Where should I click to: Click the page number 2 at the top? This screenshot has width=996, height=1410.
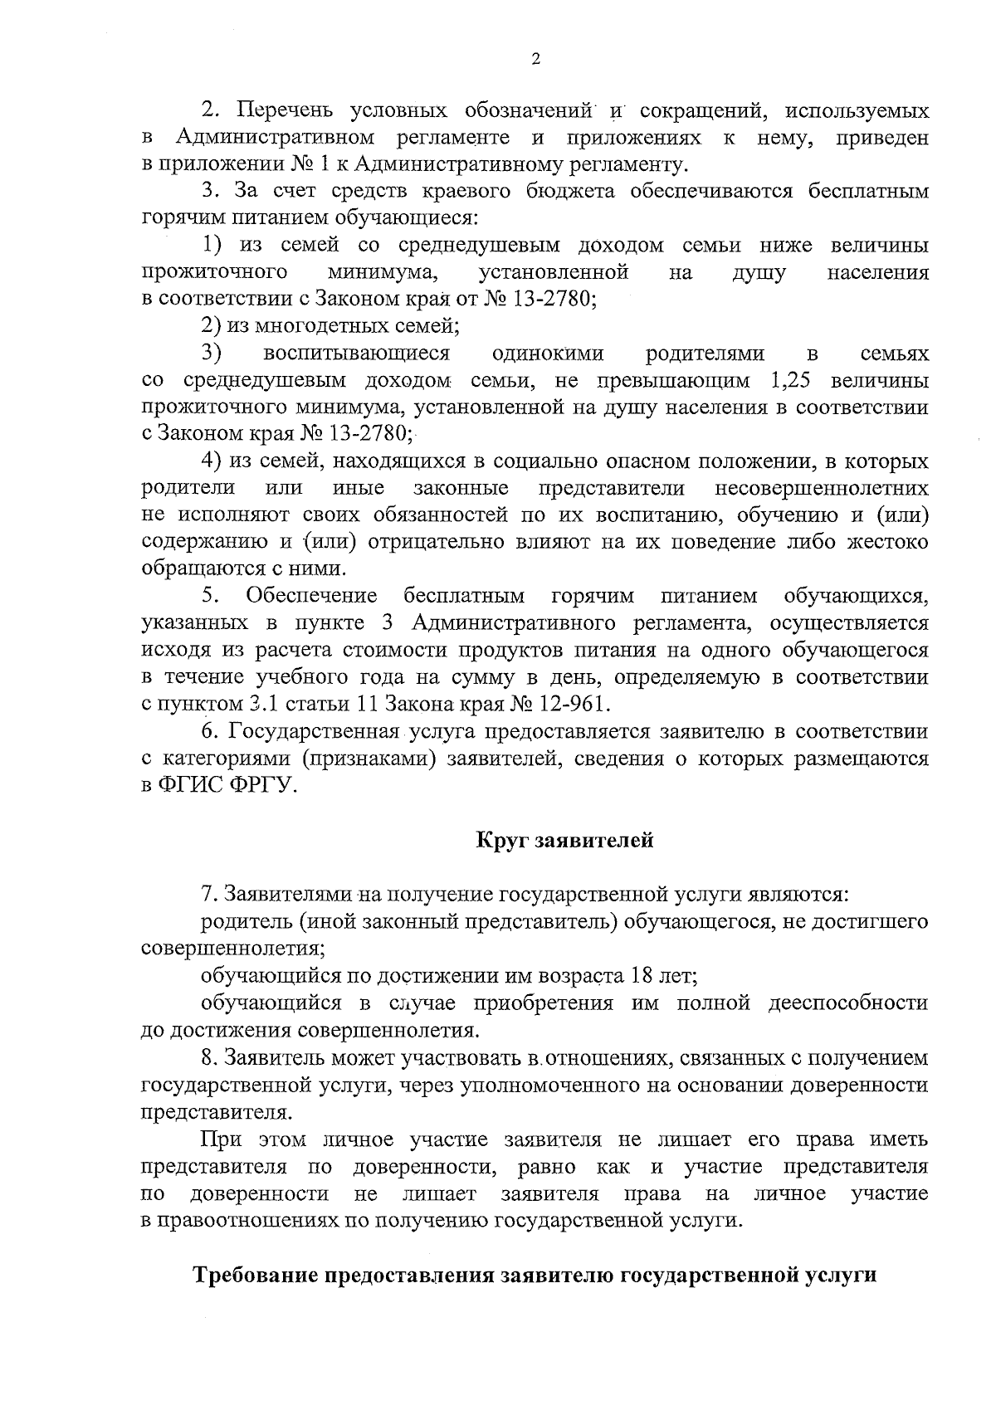[x=535, y=59]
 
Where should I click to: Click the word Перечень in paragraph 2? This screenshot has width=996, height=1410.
[x=286, y=110]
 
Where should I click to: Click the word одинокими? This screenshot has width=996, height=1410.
[x=548, y=354]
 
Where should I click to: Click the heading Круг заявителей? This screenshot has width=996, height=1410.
[x=565, y=840]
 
